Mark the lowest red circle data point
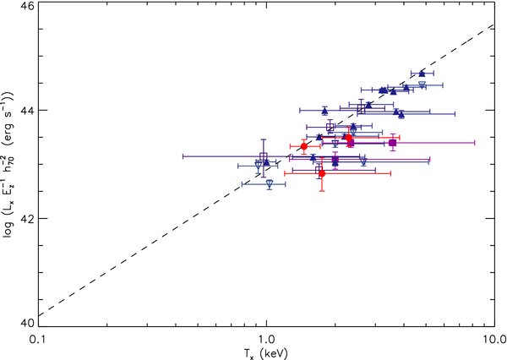click(321, 173)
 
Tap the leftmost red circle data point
click(304, 146)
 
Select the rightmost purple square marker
click(393, 143)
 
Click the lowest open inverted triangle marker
click(270, 183)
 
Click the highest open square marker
click(361, 107)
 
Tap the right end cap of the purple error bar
click(475, 143)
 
